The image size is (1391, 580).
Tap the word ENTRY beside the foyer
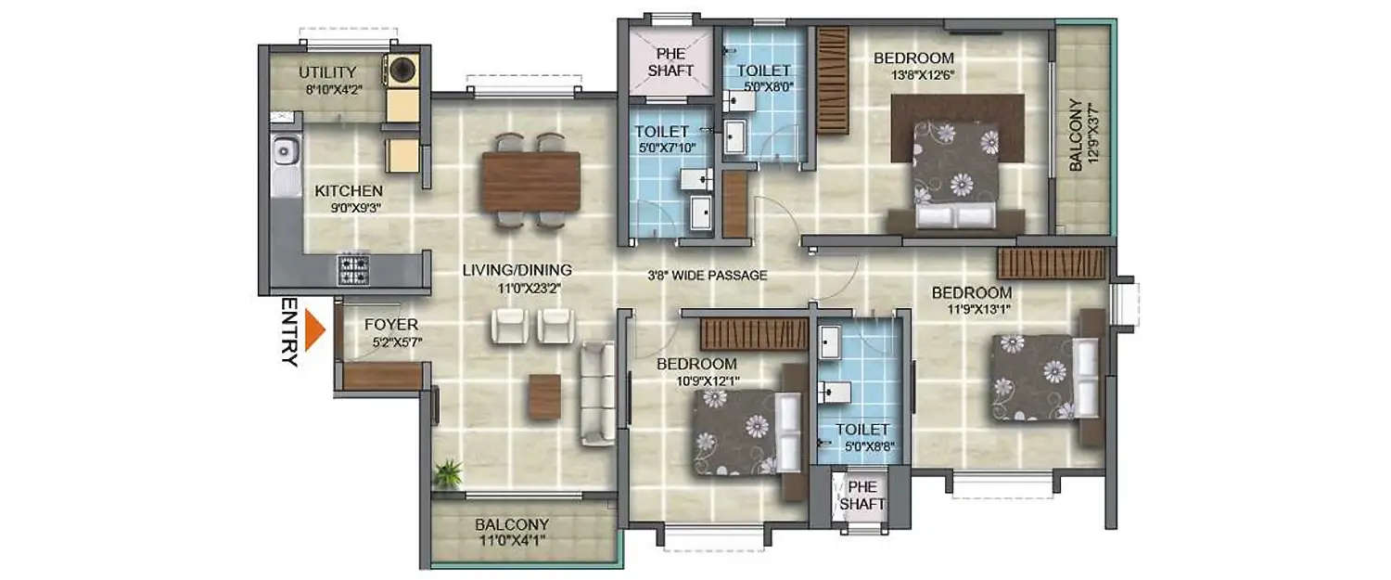coord(289,332)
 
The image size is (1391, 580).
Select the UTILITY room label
coord(326,72)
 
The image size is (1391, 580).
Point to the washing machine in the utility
coord(402,70)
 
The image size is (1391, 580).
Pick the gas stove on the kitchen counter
coord(353,268)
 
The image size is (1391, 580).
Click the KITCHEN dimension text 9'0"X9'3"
coord(348,208)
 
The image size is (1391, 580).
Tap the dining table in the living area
coord(530,181)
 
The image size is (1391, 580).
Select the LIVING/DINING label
coord(517,270)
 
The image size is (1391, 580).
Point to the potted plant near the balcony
coord(450,472)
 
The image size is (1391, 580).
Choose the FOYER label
coord(390,325)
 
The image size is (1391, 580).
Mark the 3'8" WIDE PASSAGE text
coord(707,275)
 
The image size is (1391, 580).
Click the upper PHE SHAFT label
coord(670,62)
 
